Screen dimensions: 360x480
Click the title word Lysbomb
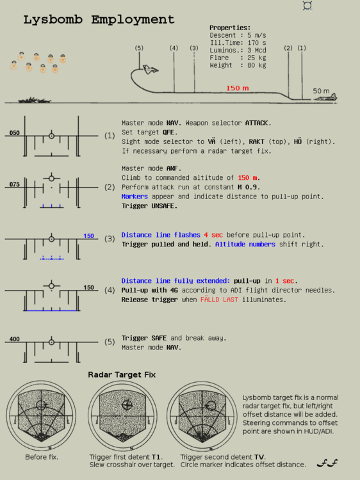53,20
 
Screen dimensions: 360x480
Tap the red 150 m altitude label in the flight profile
238,88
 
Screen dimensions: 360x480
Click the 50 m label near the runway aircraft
321,91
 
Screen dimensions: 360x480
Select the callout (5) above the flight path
139,48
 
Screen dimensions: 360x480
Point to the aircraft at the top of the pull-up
151,70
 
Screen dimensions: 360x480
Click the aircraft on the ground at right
326,97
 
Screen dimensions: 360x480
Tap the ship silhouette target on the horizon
35,100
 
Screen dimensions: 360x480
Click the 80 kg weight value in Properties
257,65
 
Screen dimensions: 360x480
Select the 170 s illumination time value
257,43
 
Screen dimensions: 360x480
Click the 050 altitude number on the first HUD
14,133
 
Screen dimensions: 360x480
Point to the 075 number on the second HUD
14,184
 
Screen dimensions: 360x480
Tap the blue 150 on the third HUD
89,236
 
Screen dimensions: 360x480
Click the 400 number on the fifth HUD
14,339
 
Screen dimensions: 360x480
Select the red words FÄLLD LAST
219,300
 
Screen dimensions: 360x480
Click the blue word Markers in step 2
135,196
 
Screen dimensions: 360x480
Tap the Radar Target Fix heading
122,374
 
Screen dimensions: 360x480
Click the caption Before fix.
42,457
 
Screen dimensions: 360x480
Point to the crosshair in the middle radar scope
127,405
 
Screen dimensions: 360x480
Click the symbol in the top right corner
307,6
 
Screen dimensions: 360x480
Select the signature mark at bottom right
327,463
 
